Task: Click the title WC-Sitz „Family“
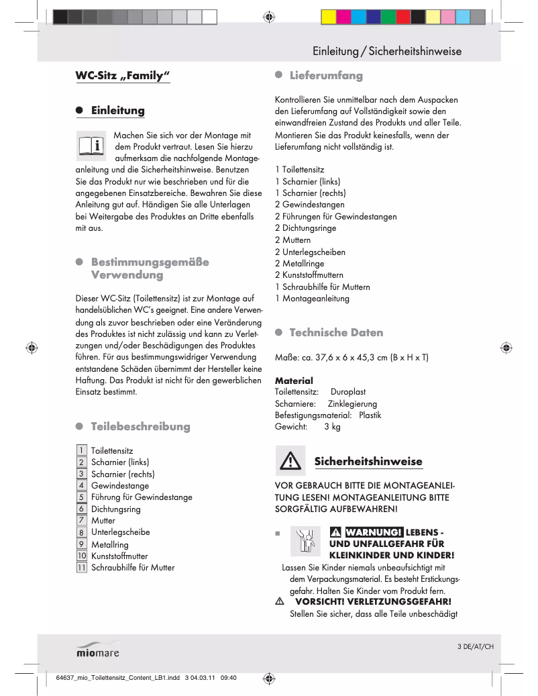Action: click(123, 75)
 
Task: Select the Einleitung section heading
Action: click(117, 110)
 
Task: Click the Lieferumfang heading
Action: click(326, 76)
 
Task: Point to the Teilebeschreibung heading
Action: click(140, 427)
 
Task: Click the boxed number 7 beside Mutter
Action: click(81, 520)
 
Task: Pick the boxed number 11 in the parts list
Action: click(81, 567)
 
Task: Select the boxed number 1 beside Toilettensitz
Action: click(81, 450)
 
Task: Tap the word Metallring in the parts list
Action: click(109, 544)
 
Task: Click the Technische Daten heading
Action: click(336, 333)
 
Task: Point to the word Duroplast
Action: click(348, 392)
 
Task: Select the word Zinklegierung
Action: click(352, 403)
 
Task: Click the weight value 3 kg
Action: click(332, 427)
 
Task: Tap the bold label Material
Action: click(294, 381)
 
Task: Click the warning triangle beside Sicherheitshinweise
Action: click(290, 461)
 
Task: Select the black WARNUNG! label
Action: click(373, 532)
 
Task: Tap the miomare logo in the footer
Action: click(97, 650)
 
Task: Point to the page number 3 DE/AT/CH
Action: click(475, 646)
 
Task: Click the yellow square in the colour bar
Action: click(329, 17)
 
